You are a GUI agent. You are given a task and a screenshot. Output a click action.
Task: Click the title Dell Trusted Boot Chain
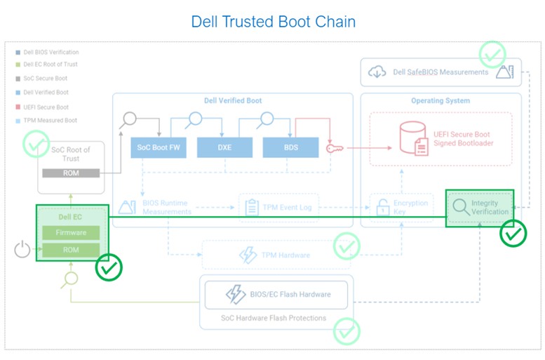[x=273, y=22]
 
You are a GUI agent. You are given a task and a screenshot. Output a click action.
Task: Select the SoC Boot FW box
[x=158, y=147]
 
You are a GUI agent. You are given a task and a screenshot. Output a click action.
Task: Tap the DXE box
[x=224, y=147]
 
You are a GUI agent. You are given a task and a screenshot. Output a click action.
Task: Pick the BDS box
[x=290, y=147]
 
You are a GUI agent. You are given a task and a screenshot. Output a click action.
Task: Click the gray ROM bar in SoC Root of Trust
[x=70, y=173]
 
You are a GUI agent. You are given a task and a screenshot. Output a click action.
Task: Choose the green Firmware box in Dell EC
[x=71, y=233]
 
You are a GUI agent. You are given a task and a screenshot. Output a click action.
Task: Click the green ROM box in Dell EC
[x=71, y=250]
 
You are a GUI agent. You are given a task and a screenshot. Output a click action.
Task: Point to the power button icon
[x=22, y=248]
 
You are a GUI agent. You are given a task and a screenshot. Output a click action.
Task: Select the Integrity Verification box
[x=480, y=208]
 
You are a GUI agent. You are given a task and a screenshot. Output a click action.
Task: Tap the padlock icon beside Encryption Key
[x=382, y=207]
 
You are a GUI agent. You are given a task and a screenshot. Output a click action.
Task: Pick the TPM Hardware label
[x=285, y=255]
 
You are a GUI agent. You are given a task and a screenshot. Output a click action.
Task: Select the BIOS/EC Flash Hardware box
[x=277, y=295]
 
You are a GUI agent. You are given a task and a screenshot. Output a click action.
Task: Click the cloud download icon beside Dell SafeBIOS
[x=377, y=72]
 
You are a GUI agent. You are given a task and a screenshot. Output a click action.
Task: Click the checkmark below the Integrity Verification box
[x=513, y=234]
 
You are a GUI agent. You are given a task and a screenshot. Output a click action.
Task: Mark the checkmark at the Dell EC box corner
[x=109, y=267]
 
